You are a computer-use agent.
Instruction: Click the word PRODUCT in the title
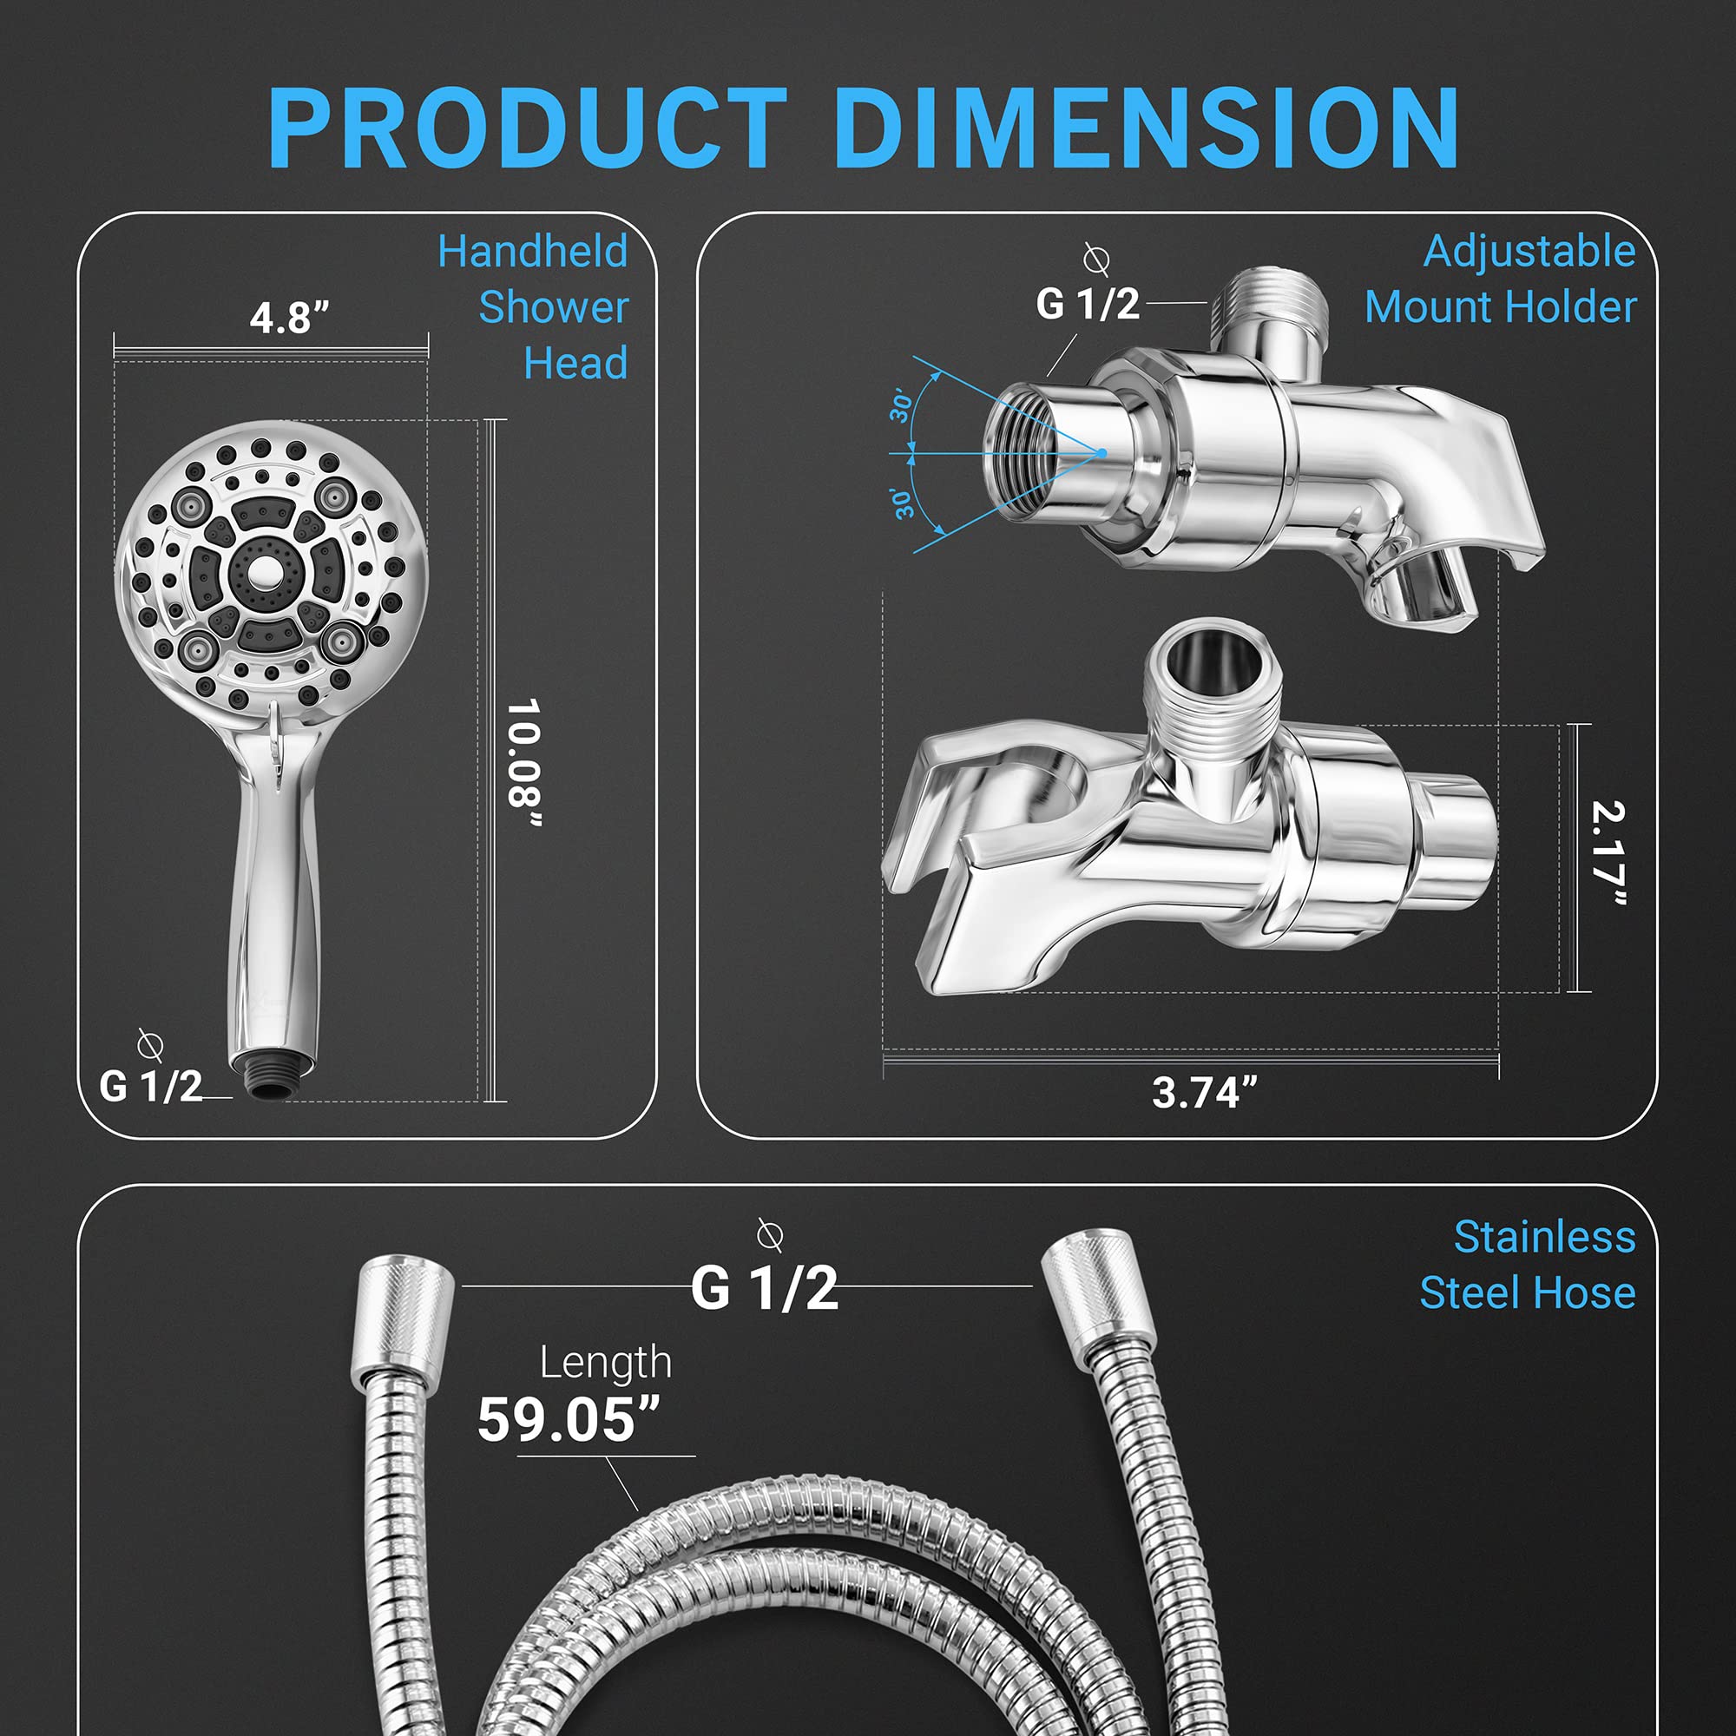[528, 128]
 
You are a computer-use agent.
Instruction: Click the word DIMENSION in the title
[1146, 128]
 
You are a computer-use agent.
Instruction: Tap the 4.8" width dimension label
[289, 318]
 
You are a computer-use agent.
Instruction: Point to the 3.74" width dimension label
[1204, 1093]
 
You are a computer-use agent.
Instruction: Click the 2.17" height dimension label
[1608, 852]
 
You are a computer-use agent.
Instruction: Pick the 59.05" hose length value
[568, 1419]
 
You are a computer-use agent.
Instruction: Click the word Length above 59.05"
[606, 1363]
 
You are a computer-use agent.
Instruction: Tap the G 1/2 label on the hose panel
[764, 1287]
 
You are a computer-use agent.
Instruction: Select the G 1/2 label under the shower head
[151, 1087]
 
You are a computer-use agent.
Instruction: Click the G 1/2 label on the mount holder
[1088, 304]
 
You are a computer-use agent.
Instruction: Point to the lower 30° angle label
[902, 504]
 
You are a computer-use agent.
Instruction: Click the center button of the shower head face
[265, 573]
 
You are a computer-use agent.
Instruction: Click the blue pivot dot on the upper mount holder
[1101, 453]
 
